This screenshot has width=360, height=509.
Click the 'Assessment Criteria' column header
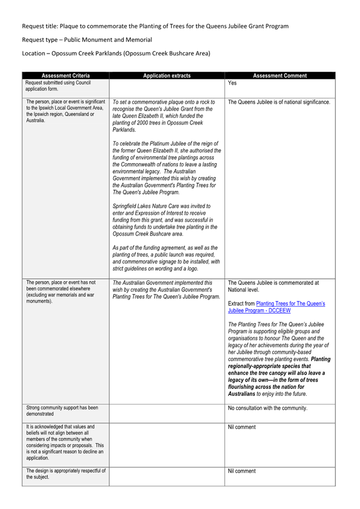pyautogui.click(x=66, y=76)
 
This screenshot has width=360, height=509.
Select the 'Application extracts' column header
pyautogui.click(x=166, y=76)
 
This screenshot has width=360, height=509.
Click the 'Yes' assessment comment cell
pyautogui.click(x=232, y=83)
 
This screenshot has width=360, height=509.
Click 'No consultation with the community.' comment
pyautogui.click(x=267, y=408)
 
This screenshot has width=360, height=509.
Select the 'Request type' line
pyautogui.click(x=87, y=40)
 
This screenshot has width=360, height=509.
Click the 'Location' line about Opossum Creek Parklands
pyautogui.click(x=116, y=53)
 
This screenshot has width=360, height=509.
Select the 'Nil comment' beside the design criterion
pyautogui.click(x=242, y=471)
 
